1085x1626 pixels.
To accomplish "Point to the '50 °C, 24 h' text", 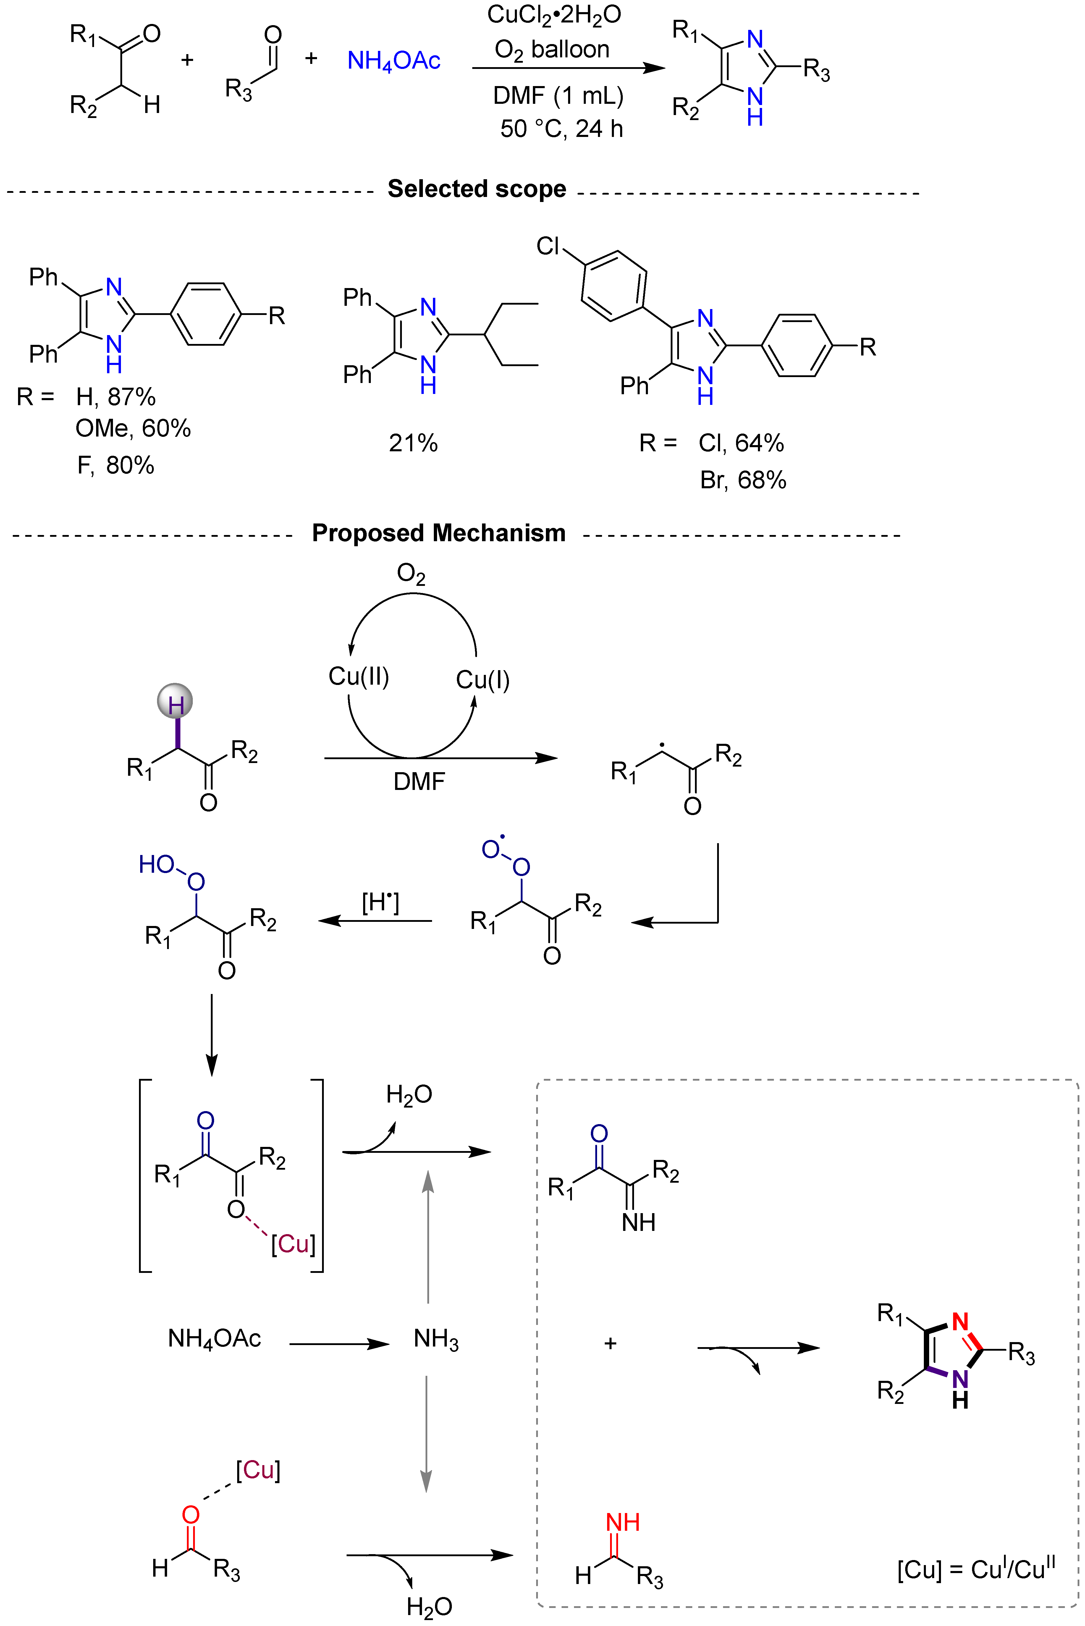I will [561, 129].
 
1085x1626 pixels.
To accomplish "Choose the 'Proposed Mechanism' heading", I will [439, 533].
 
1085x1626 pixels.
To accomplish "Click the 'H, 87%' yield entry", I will [116, 397].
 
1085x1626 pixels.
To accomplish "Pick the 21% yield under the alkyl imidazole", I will [413, 443].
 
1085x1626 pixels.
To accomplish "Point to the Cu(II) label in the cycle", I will [358, 676].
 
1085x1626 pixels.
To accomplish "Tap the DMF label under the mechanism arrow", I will [419, 782].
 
